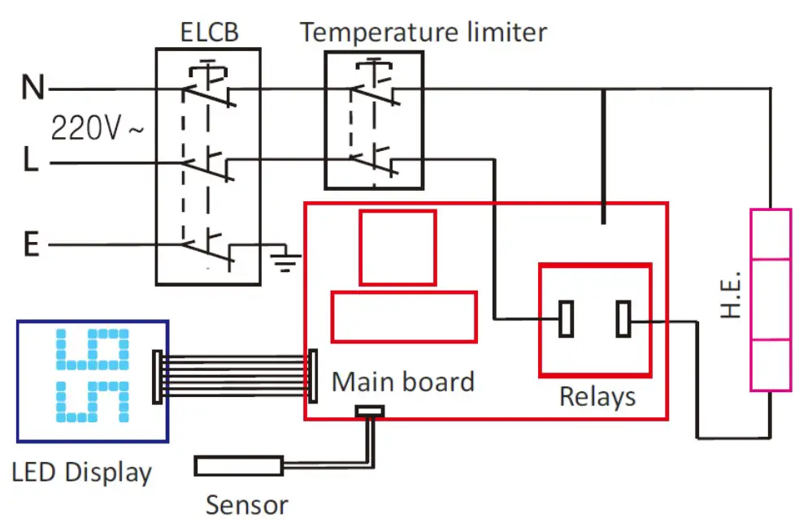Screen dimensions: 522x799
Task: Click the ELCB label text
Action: [208, 32]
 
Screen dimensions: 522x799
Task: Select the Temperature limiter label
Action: [423, 32]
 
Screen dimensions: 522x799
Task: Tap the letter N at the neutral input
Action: [33, 88]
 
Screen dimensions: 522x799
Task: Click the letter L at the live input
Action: [30, 163]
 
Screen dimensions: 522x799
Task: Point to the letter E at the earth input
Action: [31, 244]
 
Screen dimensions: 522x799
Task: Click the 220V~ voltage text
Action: [97, 127]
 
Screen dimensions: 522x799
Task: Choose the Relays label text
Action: [597, 396]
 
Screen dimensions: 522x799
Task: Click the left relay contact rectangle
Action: [567, 318]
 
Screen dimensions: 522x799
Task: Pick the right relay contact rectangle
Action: [623, 318]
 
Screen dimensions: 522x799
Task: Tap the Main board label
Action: [402, 382]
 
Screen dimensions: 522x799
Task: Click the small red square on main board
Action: [397, 247]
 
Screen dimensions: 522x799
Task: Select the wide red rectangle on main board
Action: [404, 317]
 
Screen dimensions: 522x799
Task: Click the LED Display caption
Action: [82, 472]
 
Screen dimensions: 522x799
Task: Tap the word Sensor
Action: [246, 505]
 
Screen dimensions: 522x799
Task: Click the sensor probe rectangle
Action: [238, 466]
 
